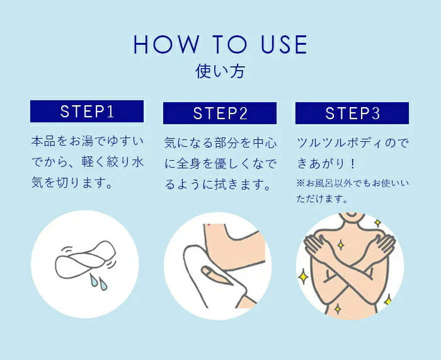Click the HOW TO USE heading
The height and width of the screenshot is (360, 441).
pos(220,45)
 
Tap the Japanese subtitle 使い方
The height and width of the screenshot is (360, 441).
pos(220,71)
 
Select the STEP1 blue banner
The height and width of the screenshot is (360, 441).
pos(87,112)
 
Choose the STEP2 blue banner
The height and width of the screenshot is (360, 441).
pos(220,113)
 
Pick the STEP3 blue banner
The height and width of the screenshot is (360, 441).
pos(352,113)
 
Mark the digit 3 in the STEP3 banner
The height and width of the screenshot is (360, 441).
pos(375,113)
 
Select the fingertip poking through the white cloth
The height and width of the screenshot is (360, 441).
pos(208,272)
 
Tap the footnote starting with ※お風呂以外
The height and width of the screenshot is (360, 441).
pos(352,191)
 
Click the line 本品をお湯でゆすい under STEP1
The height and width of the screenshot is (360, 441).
pos(87,141)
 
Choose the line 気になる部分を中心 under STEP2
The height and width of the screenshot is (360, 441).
pos(220,142)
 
